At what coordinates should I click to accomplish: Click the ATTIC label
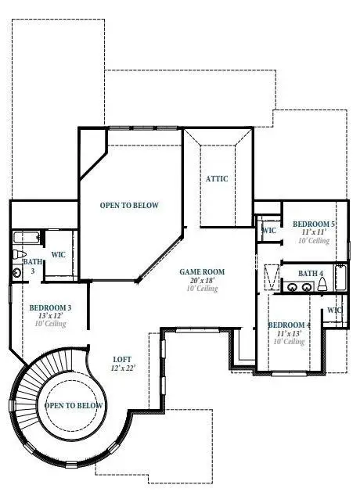point(217,178)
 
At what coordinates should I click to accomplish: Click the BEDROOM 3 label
point(51,307)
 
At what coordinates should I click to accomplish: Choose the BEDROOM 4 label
point(289,325)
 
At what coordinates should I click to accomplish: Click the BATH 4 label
point(310,273)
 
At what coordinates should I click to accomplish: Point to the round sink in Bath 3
point(17,271)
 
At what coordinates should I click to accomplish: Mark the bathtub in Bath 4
point(340,278)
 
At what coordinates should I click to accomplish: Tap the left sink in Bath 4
point(292,287)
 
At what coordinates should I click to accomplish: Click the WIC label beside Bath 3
point(58,254)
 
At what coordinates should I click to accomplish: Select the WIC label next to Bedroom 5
point(268,231)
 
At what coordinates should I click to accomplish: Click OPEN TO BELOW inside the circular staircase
point(74,406)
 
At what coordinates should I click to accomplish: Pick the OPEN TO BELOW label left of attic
point(129,206)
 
